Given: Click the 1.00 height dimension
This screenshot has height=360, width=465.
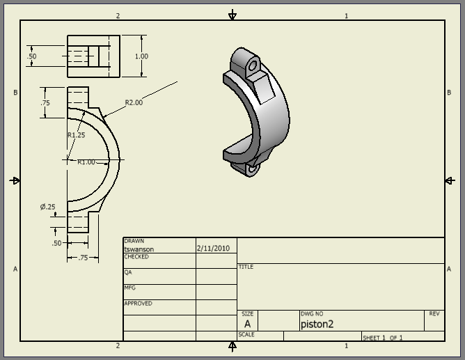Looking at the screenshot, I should (x=141, y=56).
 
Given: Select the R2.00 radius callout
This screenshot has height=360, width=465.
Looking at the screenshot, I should (x=134, y=103).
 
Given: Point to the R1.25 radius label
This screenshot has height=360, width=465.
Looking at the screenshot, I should (x=76, y=135).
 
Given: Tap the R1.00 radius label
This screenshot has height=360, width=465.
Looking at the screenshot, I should (x=86, y=162).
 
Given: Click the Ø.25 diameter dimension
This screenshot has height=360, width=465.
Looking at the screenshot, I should (x=47, y=207).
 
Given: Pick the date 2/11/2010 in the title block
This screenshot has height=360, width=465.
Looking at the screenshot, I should (x=212, y=248).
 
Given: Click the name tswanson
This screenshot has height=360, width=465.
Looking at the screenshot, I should (x=139, y=249).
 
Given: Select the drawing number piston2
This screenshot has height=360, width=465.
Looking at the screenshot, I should (x=317, y=324).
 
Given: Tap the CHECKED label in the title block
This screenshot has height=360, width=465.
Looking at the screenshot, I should (x=136, y=257).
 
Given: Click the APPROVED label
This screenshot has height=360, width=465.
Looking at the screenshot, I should (x=138, y=304).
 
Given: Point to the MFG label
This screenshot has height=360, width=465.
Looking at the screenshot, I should (x=129, y=288).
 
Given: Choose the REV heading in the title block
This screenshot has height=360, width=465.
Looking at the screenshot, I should (x=434, y=314).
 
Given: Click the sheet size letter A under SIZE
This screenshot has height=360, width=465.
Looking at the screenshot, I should (x=247, y=324).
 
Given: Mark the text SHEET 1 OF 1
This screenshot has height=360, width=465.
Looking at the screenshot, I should (x=382, y=338).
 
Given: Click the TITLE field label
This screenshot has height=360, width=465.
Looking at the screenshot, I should (x=246, y=267).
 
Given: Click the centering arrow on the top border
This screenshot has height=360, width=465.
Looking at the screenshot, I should (x=232, y=15).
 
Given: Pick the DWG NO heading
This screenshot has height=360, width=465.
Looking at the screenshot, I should (x=311, y=314).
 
